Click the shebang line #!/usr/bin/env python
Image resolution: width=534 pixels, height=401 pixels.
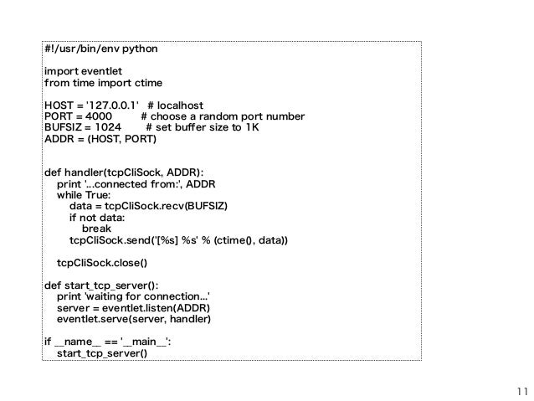(100, 49)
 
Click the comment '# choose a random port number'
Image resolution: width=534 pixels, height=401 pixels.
(223, 116)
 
